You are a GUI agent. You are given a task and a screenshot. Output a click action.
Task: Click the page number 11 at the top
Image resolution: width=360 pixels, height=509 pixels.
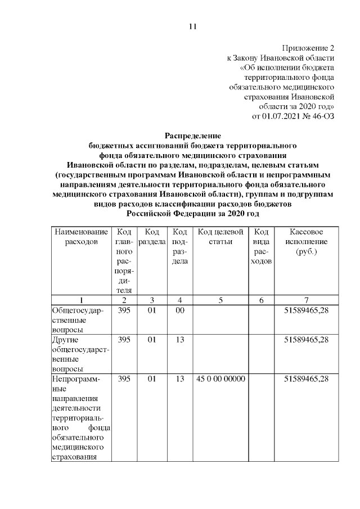click(x=192, y=26)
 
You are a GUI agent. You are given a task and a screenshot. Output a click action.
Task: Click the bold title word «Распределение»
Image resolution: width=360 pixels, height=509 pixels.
click(x=192, y=135)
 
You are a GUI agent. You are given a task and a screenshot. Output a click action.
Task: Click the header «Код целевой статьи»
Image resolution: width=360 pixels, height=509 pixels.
click(x=220, y=237)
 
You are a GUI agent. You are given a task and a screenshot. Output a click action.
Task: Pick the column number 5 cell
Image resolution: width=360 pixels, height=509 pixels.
click(x=220, y=300)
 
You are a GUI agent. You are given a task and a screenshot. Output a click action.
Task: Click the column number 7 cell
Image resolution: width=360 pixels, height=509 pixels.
click(x=307, y=300)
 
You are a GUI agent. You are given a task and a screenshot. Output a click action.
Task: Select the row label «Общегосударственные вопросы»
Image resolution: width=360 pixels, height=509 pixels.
click(x=78, y=319)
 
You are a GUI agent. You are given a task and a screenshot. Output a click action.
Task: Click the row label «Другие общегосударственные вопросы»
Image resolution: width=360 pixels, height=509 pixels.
click(x=78, y=354)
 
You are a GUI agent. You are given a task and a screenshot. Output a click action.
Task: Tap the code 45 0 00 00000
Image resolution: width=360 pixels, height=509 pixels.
click(x=220, y=379)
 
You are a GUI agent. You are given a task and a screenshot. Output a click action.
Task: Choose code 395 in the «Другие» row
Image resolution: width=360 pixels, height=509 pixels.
click(x=124, y=340)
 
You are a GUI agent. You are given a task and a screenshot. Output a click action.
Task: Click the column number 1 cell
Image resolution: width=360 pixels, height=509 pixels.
click(x=81, y=300)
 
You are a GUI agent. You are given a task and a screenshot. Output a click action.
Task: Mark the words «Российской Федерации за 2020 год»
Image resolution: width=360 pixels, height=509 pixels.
click(x=192, y=214)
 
